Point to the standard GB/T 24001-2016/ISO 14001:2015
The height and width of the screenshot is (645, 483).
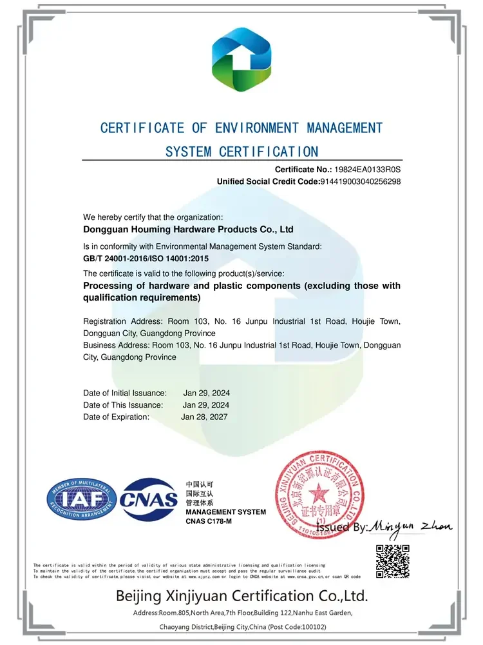pyautogui.click(x=146, y=259)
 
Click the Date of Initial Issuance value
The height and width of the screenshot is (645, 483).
pyautogui.click(x=206, y=393)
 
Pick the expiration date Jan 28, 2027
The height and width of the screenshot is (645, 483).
pyautogui.click(x=204, y=417)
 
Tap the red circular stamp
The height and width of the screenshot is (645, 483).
pyautogui.click(x=319, y=495)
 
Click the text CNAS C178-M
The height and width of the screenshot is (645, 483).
pyautogui.click(x=208, y=521)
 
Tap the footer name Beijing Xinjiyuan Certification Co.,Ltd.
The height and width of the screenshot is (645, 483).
pyautogui.click(x=241, y=595)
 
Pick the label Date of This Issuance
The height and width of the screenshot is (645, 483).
pyautogui.click(x=123, y=405)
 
